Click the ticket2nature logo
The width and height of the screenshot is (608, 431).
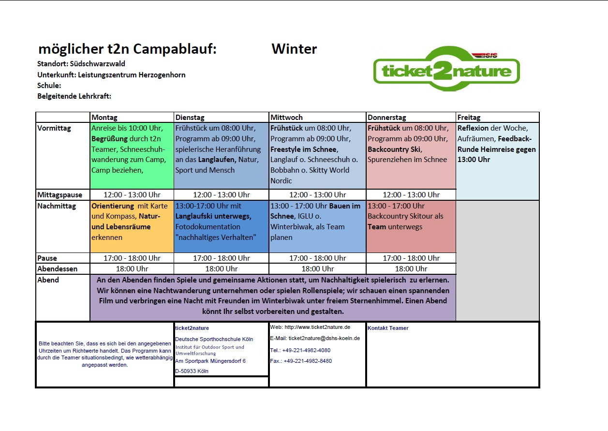446,68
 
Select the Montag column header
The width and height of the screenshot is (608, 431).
104,118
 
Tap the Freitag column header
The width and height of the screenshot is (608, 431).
469,118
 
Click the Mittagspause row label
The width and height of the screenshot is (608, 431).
59,195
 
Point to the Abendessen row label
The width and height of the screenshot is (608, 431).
57,269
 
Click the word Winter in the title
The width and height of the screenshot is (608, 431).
294,49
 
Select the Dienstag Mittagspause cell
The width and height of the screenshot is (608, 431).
222,195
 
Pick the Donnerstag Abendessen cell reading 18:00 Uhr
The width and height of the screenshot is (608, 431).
411,269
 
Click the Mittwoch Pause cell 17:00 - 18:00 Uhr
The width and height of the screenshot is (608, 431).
318,258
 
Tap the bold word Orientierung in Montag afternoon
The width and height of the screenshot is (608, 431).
113,206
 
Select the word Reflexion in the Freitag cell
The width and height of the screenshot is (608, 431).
473,128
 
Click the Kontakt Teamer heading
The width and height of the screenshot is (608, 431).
388,328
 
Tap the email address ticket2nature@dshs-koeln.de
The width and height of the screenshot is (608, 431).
324,339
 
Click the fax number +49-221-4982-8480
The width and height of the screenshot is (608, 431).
308,361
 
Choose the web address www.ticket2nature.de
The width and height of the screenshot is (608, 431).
317,327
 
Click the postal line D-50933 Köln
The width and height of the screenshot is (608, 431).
192,372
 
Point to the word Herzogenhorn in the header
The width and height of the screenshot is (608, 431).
162,75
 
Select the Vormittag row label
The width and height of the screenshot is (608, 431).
54,128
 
